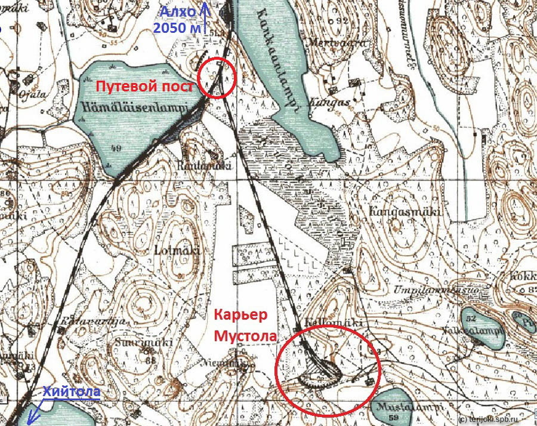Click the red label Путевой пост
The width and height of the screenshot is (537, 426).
point(145,87)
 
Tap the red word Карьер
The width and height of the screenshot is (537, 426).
point(237,315)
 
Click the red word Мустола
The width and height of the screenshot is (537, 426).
point(245,335)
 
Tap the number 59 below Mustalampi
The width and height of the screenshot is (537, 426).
point(392,418)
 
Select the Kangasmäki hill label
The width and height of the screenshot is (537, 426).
point(397,212)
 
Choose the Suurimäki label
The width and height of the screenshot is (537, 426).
point(152,343)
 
